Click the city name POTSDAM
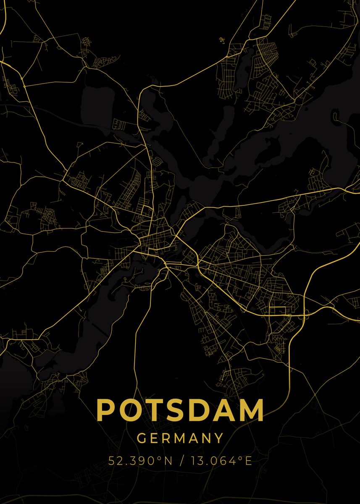[180, 410]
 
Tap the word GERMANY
[180, 438]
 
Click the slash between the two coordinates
[180, 461]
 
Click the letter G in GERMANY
[142, 438]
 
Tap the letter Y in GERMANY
[219, 438]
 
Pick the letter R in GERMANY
[167, 438]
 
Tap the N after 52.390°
[168, 461]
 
